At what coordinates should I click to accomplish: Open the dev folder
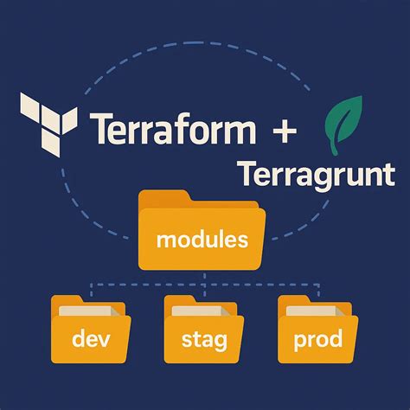point(90,333)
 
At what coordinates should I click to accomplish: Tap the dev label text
point(90,339)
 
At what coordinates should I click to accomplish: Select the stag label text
point(204,340)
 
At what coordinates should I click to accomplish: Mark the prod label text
point(317,340)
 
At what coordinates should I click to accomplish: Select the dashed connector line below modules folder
point(203,282)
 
